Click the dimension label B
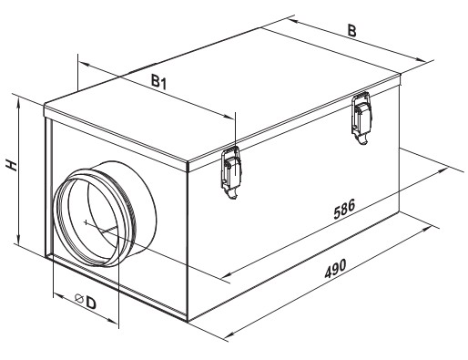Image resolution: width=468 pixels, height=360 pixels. [x=351, y=31]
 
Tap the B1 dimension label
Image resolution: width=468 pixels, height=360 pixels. [x=159, y=82]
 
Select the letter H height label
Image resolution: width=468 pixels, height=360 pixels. [x=12, y=166]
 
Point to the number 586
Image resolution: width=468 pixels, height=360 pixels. [x=344, y=210]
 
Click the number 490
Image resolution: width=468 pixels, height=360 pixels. [x=335, y=269]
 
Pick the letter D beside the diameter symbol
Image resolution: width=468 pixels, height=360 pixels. [x=91, y=302]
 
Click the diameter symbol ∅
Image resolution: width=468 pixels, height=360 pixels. [x=79, y=298]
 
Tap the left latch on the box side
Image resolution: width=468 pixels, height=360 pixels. [x=231, y=172]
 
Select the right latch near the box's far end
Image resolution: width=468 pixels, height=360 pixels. [x=361, y=118]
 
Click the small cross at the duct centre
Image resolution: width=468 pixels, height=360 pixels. [x=86, y=223]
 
